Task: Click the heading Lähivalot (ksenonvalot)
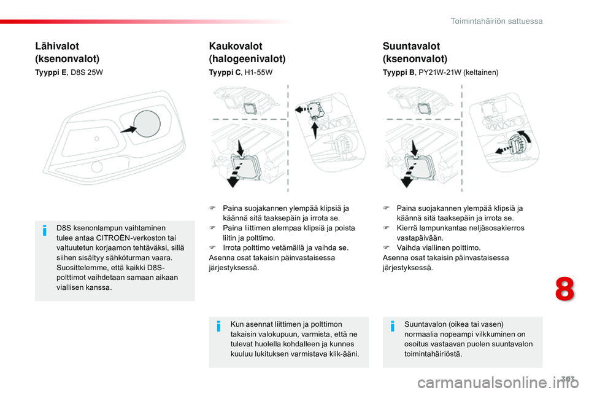point(67,52)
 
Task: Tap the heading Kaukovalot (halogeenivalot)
point(247,52)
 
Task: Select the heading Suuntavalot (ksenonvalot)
point(415,52)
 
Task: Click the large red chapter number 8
point(564,289)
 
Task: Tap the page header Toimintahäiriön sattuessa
point(496,21)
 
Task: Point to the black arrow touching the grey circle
point(129,130)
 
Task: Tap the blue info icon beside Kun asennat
point(218,328)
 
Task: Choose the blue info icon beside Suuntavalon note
point(392,328)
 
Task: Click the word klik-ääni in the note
point(343,354)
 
